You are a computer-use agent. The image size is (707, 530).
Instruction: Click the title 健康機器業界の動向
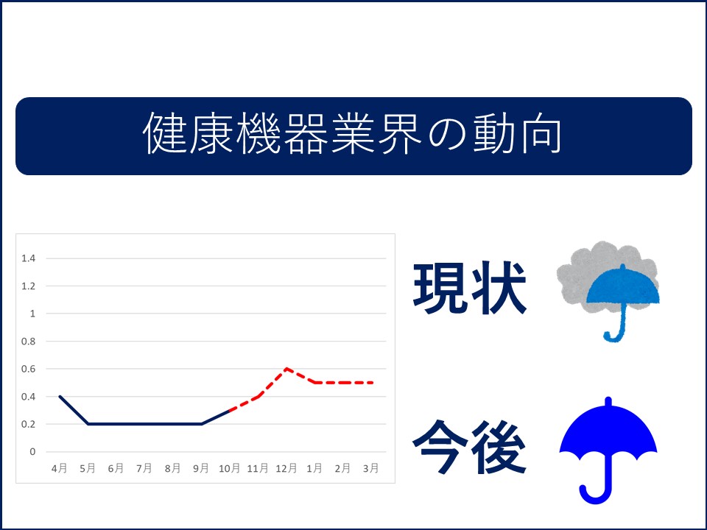coord(353,133)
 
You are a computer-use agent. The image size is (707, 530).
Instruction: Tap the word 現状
coord(470,288)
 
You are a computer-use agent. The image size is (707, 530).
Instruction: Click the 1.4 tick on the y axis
coord(29,258)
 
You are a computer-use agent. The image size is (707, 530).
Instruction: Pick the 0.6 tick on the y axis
coord(29,369)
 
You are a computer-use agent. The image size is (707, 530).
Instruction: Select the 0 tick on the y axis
coord(32,451)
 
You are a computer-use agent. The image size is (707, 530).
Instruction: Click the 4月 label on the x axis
coord(60,468)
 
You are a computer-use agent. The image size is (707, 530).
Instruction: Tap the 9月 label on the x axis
coord(201,468)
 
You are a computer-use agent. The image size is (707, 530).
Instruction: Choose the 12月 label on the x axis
coord(286,468)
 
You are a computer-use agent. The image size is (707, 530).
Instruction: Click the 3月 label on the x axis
coord(371,468)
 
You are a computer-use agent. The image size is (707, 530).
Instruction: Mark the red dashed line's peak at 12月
coord(286,369)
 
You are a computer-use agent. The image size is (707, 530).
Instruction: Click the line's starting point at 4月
coord(60,397)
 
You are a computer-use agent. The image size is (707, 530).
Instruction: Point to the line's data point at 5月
coord(88,424)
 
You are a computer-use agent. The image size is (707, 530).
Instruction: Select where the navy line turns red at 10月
coord(230,410)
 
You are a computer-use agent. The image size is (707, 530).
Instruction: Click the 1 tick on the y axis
coord(32,314)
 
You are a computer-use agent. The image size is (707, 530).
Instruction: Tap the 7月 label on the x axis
coord(144,468)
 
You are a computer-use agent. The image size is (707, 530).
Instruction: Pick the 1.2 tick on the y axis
coord(29,286)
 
